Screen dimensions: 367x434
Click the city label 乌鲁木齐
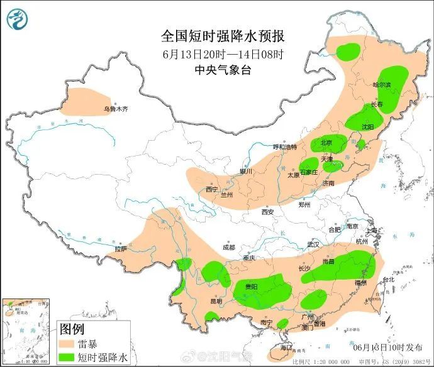tap(115, 109)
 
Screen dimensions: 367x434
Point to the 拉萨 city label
tap(121, 249)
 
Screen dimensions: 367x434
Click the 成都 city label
tap(227, 247)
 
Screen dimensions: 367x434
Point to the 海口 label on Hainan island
tap(287, 347)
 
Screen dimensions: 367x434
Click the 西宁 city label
tap(212, 189)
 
